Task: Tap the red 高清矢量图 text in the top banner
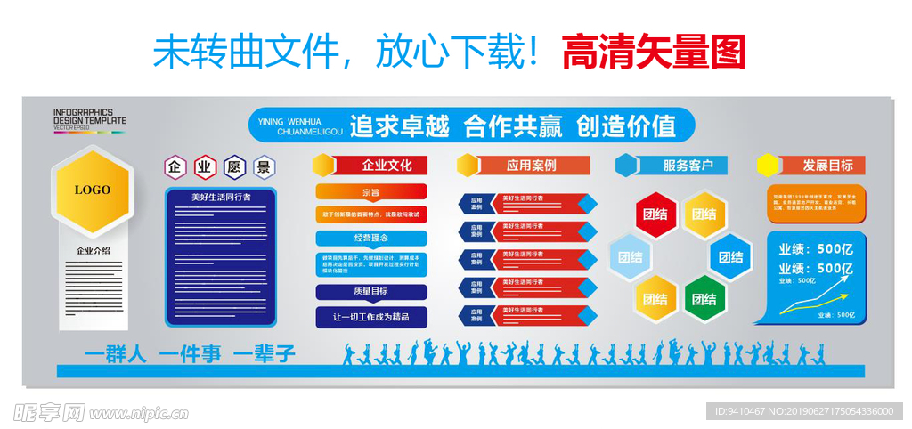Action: tap(653, 53)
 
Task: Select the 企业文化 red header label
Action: tap(386, 166)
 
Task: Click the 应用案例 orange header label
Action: tap(532, 166)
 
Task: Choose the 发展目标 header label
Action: tap(827, 166)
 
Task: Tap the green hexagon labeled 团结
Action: tap(704, 299)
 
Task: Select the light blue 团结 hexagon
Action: tap(631, 257)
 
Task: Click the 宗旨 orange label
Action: tap(370, 192)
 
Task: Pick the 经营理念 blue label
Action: tap(370, 238)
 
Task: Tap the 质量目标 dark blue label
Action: tap(370, 291)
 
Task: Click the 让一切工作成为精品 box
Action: tap(370, 317)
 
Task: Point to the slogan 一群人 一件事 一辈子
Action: tap(190, 353)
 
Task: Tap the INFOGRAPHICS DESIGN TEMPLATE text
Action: tap(89, 117)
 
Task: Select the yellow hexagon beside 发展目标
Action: tap(767, 166)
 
